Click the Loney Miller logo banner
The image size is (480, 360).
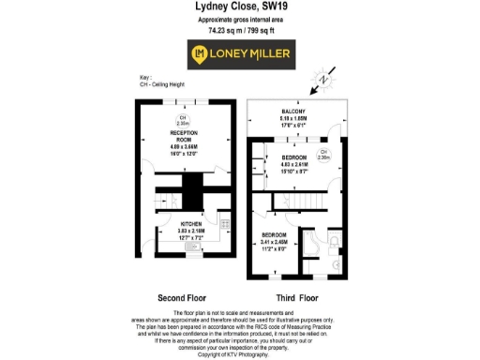240,53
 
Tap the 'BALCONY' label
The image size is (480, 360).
293,113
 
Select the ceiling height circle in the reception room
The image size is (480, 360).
184,119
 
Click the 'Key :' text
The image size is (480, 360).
144,77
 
